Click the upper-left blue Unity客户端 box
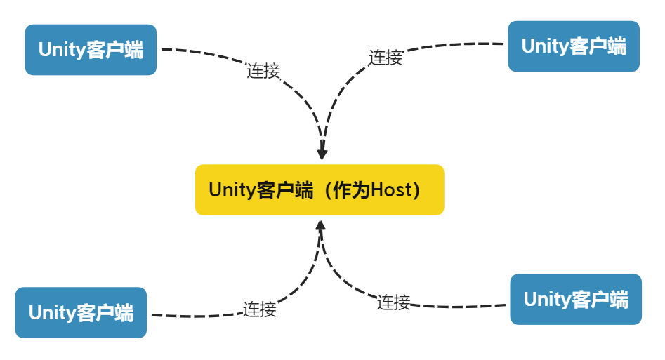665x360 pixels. pyautogui.click(x=91, y=50)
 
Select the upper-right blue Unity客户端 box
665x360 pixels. pyautogui.click(x=574, y=46)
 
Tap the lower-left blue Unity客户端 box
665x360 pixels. pyautogui.click(x=81, y=313)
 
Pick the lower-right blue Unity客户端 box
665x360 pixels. pyautogui.click(x=576, y=300)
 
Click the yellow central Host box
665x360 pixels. pyautogui.click(x=320, y=190)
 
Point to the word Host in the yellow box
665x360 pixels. pyautogui.click(x=389, y=191)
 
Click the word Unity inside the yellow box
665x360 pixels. pyautogui.click(x=232, y=191)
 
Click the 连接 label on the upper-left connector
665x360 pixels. pyautogui.click(x=263, y=71)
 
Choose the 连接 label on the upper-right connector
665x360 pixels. pyautogui.click(x=386, y=58)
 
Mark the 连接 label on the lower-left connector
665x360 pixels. pyautogui.click(x=260, y=309)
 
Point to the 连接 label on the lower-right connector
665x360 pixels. pyautogui.click(x=393, y=302)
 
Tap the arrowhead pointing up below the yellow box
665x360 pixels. pyautogui.click(x=321, y=227)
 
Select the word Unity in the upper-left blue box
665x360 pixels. pyautogui.click(x=61, y=51)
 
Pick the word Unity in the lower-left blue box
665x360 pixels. pyautogui.click(x=51, y=313)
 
